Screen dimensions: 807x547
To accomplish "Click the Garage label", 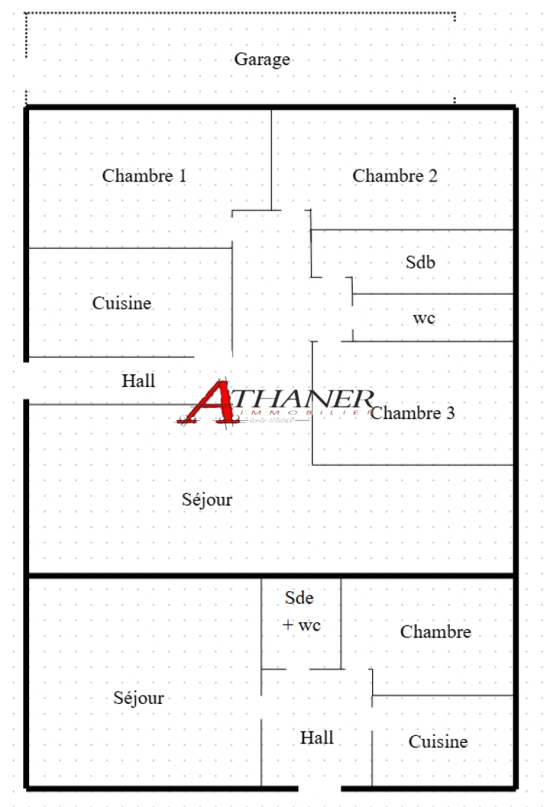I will [x=262, y=59].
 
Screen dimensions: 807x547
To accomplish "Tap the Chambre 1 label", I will [x=144, y=176].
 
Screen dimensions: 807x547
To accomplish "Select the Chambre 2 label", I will [x=395, y=176].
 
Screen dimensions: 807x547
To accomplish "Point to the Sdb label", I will [x=420, y=262].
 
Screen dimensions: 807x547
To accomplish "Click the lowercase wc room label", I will [x=424, y=318].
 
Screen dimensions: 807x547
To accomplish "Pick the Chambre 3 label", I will [x=412, y=412].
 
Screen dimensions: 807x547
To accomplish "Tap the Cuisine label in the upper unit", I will [x=122, y=303].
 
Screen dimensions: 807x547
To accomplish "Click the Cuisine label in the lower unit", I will [x=438, y=741].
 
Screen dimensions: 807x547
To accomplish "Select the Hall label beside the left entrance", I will [x=138, y=380].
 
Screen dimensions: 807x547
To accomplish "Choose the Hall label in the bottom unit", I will [x=317, y=738].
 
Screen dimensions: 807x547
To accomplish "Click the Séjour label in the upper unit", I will [x=207, y=499].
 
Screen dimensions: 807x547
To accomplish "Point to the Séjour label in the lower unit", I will [x=138, y=698].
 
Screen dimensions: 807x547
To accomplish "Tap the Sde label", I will [x=300, y=598].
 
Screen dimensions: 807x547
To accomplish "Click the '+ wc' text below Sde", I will [x=302, y=625].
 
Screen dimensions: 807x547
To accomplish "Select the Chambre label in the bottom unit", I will [x=436, y=631].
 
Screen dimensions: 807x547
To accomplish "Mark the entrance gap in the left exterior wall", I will [x=27, y=381].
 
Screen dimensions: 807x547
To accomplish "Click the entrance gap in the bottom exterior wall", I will [x=319, y=788].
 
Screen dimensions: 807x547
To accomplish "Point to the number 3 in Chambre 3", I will [x=450, y=412].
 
